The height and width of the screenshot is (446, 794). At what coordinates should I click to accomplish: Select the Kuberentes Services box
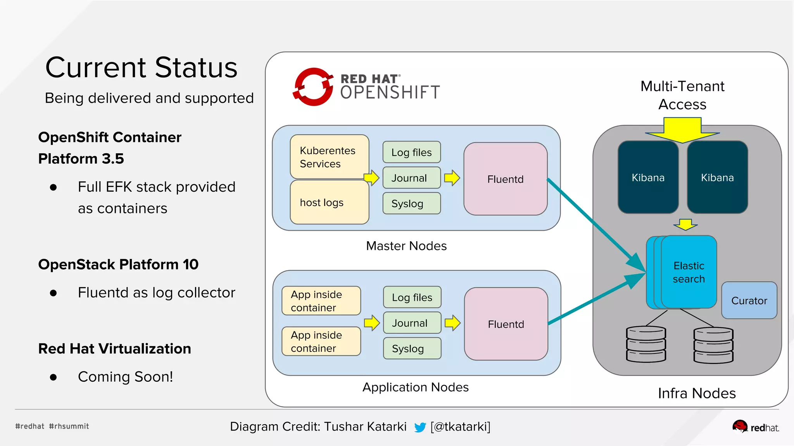pos(329,157)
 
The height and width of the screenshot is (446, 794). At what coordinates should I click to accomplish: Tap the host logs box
pos(329,202)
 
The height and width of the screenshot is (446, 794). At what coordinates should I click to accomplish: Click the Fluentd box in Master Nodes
pos(505,179)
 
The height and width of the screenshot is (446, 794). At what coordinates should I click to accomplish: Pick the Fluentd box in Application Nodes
pos(506,324)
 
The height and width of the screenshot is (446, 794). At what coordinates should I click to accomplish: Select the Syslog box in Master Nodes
pos(411,203)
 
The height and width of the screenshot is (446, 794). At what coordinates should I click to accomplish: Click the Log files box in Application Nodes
pos(412,297)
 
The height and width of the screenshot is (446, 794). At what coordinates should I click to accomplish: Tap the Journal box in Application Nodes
pos(412,323)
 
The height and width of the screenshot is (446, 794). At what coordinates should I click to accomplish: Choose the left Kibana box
pos(648,177)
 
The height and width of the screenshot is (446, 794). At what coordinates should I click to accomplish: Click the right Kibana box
pos(717,177)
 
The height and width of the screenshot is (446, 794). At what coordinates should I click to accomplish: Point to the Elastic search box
pos(689,272)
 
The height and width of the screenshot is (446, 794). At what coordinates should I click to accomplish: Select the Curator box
pos(749,300)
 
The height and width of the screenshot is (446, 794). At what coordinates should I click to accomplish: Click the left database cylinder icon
pos(646,344)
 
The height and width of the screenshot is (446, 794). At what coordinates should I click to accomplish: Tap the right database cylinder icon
pos(713,345)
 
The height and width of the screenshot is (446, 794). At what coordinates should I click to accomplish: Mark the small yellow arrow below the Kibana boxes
pos(685,224)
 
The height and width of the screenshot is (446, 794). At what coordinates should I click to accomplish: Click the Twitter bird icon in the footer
pos(420,427)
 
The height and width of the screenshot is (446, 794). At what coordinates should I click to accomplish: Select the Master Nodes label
pos(406,246)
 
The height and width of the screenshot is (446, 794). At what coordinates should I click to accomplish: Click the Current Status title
pos(141,68)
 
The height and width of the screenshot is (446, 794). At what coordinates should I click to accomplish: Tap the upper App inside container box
pos(321,301)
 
